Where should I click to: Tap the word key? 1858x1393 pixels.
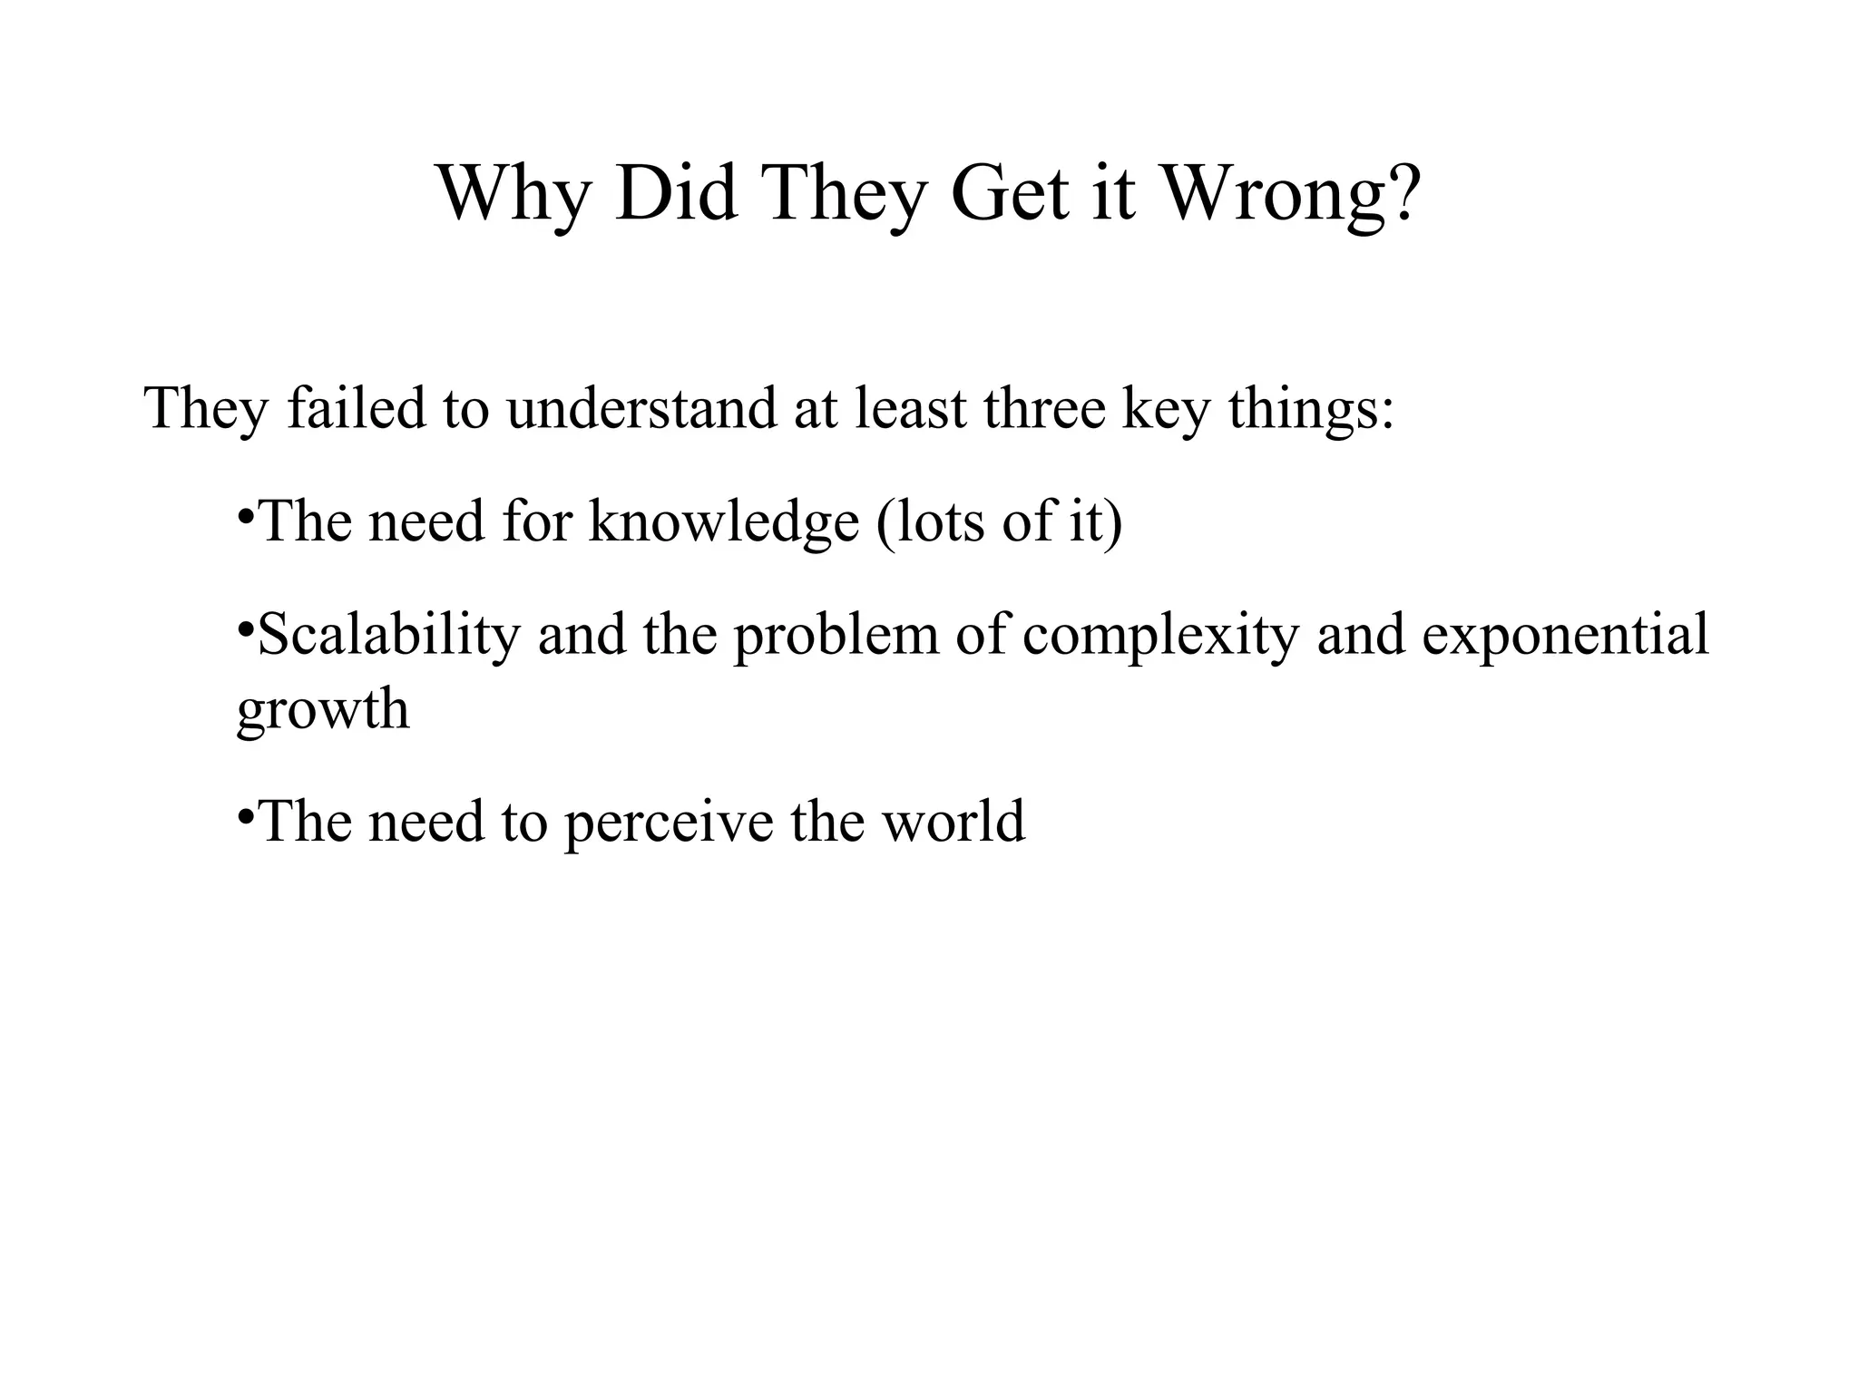point(1167,410)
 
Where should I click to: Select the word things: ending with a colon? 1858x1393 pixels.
point(1311,410)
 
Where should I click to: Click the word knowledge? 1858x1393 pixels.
point(723,523)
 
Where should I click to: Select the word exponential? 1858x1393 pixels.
point(1565,636)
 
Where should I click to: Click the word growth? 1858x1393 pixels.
point(322,710)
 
